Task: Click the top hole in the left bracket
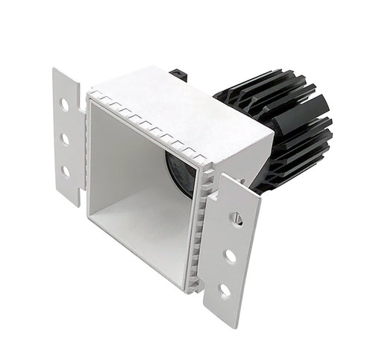click(65, 105)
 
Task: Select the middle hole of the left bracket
click(65, 139)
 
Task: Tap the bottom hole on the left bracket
click(66, 171)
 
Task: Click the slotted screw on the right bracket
click(237, 219)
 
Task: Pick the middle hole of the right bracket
click(231, 256)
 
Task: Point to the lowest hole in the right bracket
click(225, 290)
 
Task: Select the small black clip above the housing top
click(178, 75)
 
